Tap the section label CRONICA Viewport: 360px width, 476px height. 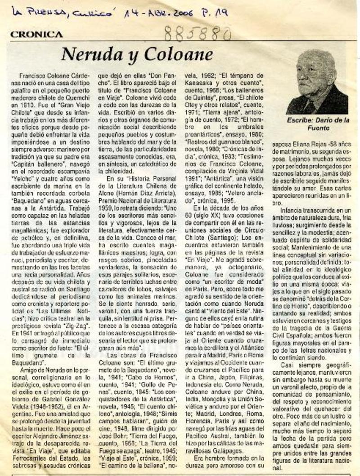tap(36, 34)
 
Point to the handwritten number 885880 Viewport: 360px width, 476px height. tap(198, 32)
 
